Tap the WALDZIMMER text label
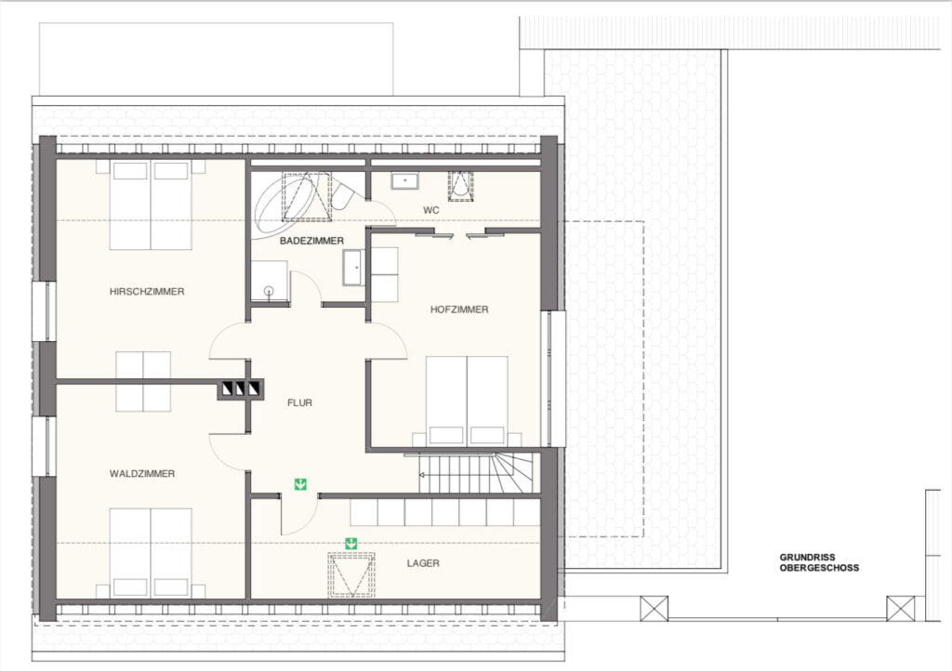tap(142, 474)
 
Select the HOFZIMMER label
tap(458, 309)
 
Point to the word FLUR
tap(299, 403)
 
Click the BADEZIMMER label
tap(311, 241)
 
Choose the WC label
tap(430, 210)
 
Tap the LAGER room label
tap(423, 563)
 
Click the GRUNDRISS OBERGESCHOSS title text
tap(819, 562)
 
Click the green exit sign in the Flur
tap(300, 483)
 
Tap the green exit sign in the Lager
tap(351, 544)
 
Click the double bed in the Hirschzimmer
tap(151, 204)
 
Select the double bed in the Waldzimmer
tap(151, 553)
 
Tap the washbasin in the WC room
tap(405, 180)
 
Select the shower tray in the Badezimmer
tap(270, 281)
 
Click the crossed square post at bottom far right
tap(900, 609)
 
